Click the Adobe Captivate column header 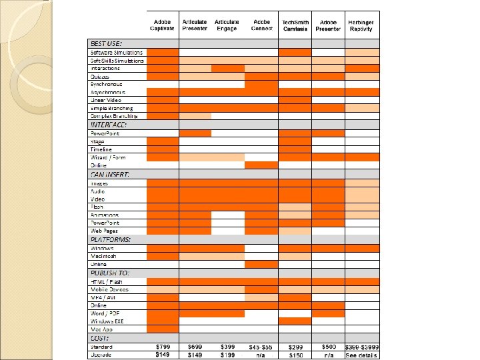tap(162, 25)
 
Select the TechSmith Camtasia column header tap(295, 25)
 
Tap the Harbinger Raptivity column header tap(361, 25)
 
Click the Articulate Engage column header tap(227, 25)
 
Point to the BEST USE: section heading tap(107, 43)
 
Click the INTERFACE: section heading tap(109, 125)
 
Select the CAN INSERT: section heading tap(110, 174)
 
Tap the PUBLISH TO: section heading tap(110, 273)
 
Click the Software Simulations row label tap(117, 52)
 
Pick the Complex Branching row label tap(115, 116)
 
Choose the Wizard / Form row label tap(109, 157)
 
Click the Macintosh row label tap(104, 256)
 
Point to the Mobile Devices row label tap(110, 289)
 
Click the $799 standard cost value tap(162, 347)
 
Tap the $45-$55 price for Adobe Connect tap(261, 347)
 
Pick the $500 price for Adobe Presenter tap(328, 347)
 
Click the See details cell tap(361, 355)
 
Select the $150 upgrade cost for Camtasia tap(295, 355)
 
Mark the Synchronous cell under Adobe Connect tap(261, 84)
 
